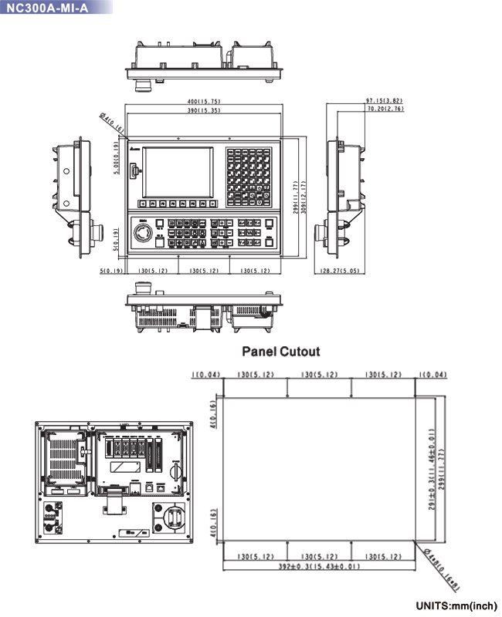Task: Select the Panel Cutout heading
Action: (281, 352)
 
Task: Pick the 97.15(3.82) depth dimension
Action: (384, 101)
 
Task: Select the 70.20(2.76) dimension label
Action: (384, 110)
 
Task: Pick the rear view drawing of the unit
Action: (113, 479)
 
